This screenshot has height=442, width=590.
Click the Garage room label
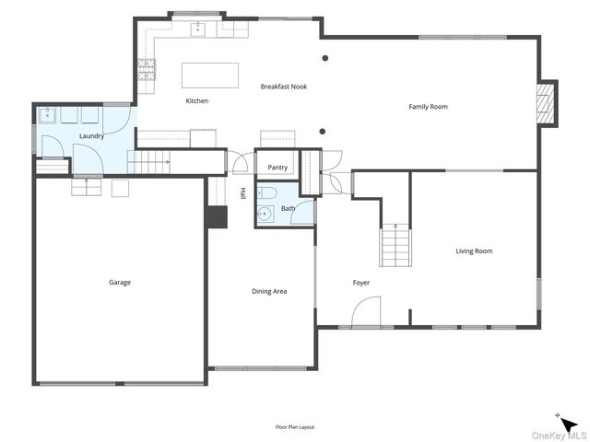click(120, 283)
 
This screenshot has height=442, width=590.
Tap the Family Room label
click(428, 107)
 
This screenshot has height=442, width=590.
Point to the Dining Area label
click(269, 292)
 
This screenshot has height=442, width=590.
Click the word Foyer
click(361, 283)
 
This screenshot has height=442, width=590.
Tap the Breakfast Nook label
click(283, 87)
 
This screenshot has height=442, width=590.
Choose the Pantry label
click(277, 168)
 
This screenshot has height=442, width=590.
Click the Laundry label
click(91, 136)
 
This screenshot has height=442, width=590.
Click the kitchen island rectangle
click(209, 74)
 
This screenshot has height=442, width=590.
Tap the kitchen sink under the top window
click(198, 29)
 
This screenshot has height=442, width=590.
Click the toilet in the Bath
click(267, 193)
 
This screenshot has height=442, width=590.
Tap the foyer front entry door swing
click(366, 313)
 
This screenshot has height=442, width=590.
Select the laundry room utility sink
click(48, 116)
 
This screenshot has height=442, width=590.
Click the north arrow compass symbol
click(560, 417)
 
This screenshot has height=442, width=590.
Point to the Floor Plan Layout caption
click(295, 427)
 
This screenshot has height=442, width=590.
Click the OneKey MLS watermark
click(557, 435)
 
